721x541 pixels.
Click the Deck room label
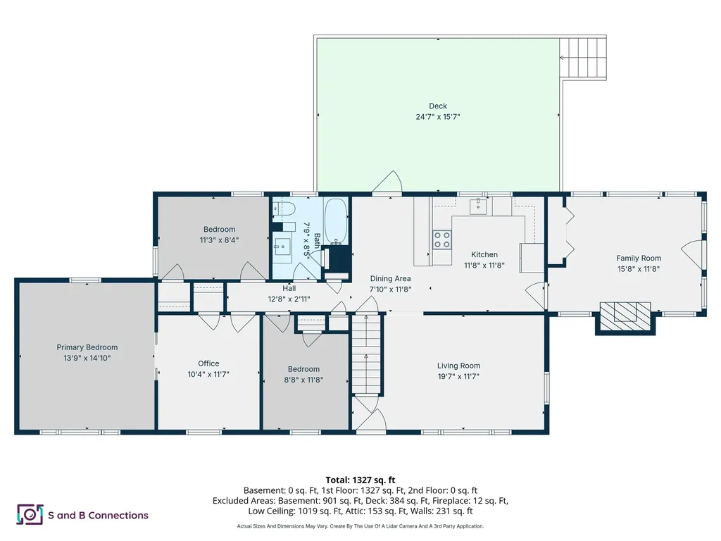[x=438, y=106]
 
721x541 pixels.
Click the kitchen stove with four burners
[x=442, y=240]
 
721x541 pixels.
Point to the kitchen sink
[x=478, y=206]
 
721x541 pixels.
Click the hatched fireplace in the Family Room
[x=625, y=316]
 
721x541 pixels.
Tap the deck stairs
[x=582, y=58]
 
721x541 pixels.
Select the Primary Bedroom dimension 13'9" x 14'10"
[x=87, y=358]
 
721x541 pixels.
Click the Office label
[x=208, y=363]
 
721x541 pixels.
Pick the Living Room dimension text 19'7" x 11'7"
[x=458, y=376]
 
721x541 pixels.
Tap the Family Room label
[x=639, y=258]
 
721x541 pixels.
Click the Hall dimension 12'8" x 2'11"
[x=289, y=299]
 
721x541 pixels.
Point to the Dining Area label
[x=390, y=278]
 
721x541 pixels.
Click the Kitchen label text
[x=484, y=254]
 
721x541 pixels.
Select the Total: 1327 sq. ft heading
[x=360, y=480]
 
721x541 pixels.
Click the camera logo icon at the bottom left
[x=30, y=514]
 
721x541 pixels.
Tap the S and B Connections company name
[x=98, y=515]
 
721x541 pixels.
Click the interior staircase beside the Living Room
[x=367, y=354]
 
